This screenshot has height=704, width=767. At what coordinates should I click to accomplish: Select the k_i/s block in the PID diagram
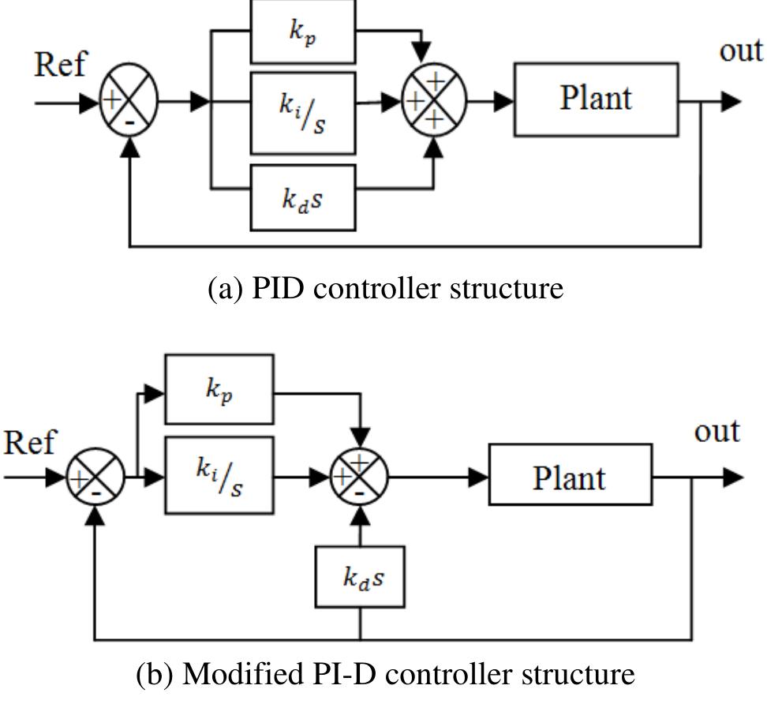pyautogui.click(x=303, y=112)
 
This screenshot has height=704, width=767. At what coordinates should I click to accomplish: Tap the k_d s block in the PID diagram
pyautogui.click(x=303, y=197)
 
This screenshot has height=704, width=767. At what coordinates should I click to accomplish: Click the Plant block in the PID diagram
pyautogui.click(x=596, y=99)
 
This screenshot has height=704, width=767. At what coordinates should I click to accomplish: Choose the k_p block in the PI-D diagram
pyautogui.click(x=219, y=389)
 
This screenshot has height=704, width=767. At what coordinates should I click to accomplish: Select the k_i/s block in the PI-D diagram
pyautogui.click(x=219, y=475)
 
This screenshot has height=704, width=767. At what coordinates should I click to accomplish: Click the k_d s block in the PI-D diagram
pyautogui.click(x=360, y=577)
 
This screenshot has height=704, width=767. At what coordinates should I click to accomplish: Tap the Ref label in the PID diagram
pyautogui.click(x=59, y=65)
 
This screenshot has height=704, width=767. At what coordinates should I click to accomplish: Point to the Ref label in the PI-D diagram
pyautogui.click(x=29, y=443)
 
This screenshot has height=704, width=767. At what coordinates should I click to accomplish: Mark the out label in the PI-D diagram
pyautogui.click(x=716, y=432)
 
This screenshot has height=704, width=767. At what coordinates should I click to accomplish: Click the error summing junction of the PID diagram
pyautogui.click(x=129, y=102)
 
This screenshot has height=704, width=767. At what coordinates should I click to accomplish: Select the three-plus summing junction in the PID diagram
pyautogui.click(x=433, y=101)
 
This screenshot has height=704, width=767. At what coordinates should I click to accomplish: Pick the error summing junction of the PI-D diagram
pyautogui.click(x=95, y=477)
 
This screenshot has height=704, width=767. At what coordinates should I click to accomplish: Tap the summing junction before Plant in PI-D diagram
pyautogui.click(x=359, y=477)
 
